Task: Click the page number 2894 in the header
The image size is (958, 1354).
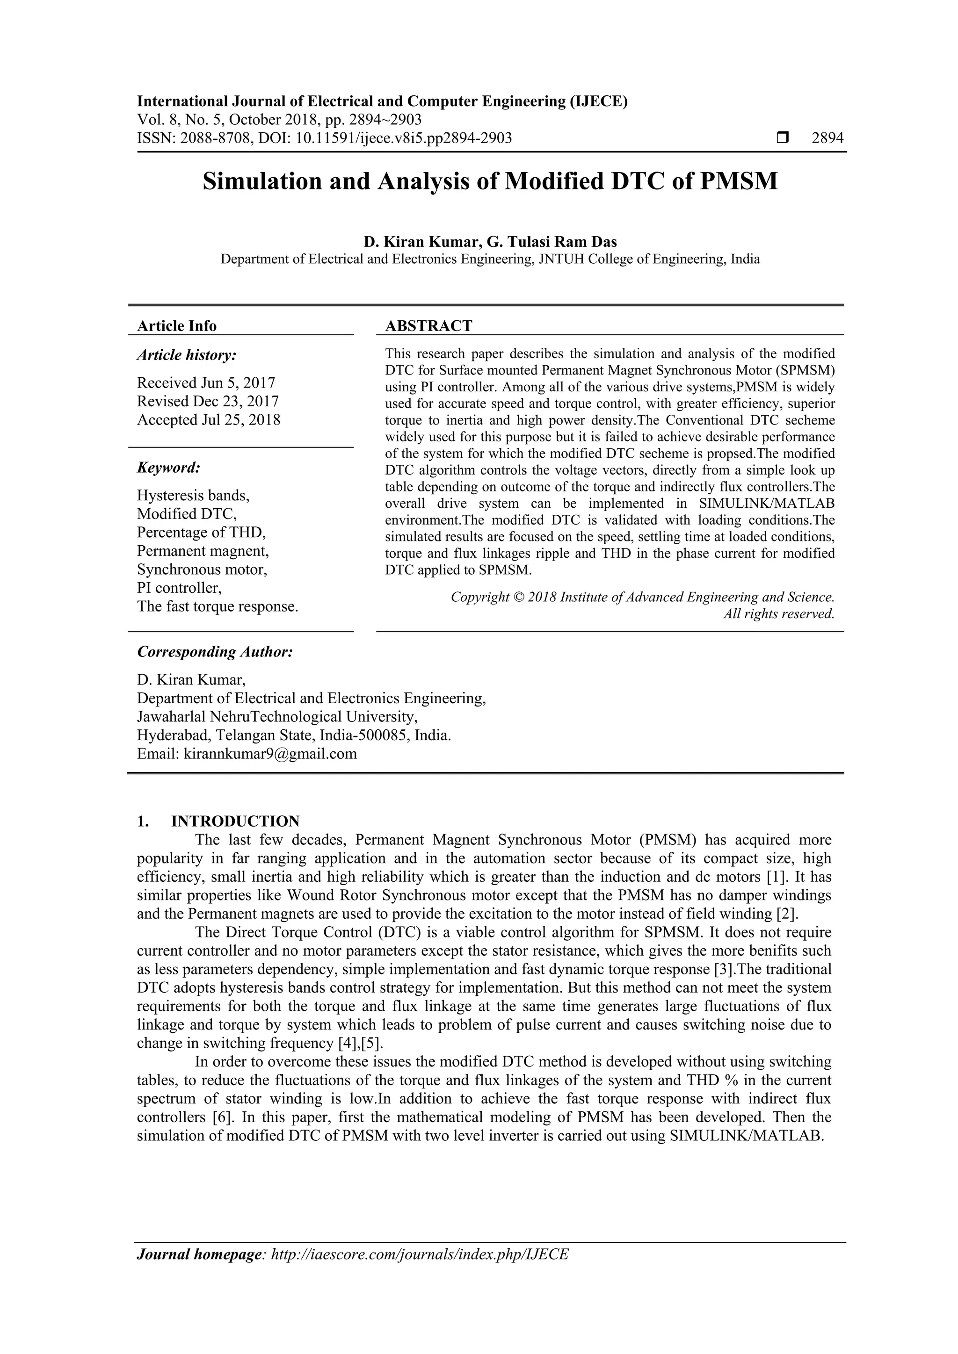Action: click(827, 138)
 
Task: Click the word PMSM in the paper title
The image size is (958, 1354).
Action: click(739, 181)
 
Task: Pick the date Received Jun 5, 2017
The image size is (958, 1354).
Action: click(206, 383)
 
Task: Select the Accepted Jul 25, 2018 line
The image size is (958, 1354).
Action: click(208, 420)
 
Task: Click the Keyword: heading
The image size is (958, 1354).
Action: click(169, 468)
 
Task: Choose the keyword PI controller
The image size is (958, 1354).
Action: click(179, 588)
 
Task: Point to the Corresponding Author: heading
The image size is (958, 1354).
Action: click(215, 652)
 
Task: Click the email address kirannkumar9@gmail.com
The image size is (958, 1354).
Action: click(270, 754)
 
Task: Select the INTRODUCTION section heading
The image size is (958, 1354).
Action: click(235, 821)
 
